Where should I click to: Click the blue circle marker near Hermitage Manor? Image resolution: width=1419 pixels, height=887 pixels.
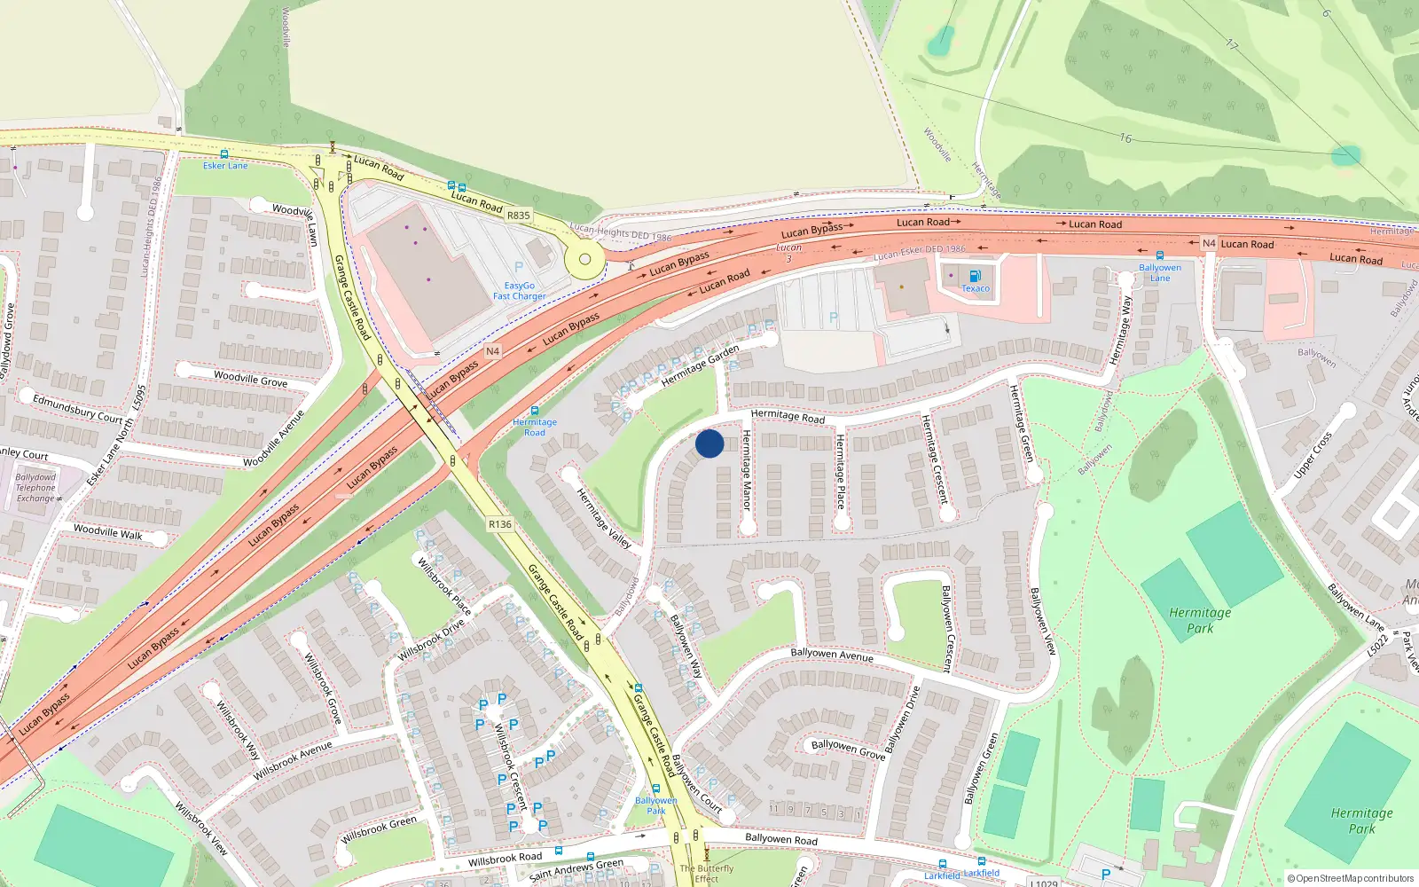(709, 443)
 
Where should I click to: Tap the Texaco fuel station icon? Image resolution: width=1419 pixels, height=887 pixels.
(975, 276)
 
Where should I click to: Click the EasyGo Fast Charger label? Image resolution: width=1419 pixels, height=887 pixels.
(519, 291)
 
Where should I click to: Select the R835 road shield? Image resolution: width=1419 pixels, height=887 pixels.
(518, 216)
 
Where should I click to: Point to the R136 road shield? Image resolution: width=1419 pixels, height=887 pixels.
(500, 524)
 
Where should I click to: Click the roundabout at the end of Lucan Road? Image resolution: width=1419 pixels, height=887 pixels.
(584, 260)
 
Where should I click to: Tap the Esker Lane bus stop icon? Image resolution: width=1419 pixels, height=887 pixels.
(224, 154)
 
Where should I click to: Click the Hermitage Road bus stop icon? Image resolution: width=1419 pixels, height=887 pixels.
(535, 412)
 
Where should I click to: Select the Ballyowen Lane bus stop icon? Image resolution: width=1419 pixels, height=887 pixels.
(1159, 255)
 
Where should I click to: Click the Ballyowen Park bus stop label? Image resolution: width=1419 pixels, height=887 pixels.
(655, 805)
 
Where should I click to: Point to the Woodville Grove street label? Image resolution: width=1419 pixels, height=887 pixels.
(250, 379)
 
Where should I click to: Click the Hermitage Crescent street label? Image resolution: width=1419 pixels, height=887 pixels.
(934, 459)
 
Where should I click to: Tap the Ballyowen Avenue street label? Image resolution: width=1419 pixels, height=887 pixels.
(831, 655)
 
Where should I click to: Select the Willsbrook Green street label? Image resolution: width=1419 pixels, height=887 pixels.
(379, 829)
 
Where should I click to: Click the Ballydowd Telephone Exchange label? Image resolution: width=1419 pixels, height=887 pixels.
(35, 488)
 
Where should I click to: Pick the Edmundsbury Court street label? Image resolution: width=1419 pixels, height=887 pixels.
(78, 409)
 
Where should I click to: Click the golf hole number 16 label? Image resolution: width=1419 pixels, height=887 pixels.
(1125, 138)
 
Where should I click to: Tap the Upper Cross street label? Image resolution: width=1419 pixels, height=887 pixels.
(1313, 455)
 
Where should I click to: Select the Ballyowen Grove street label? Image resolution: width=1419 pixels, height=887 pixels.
(848, 749)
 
